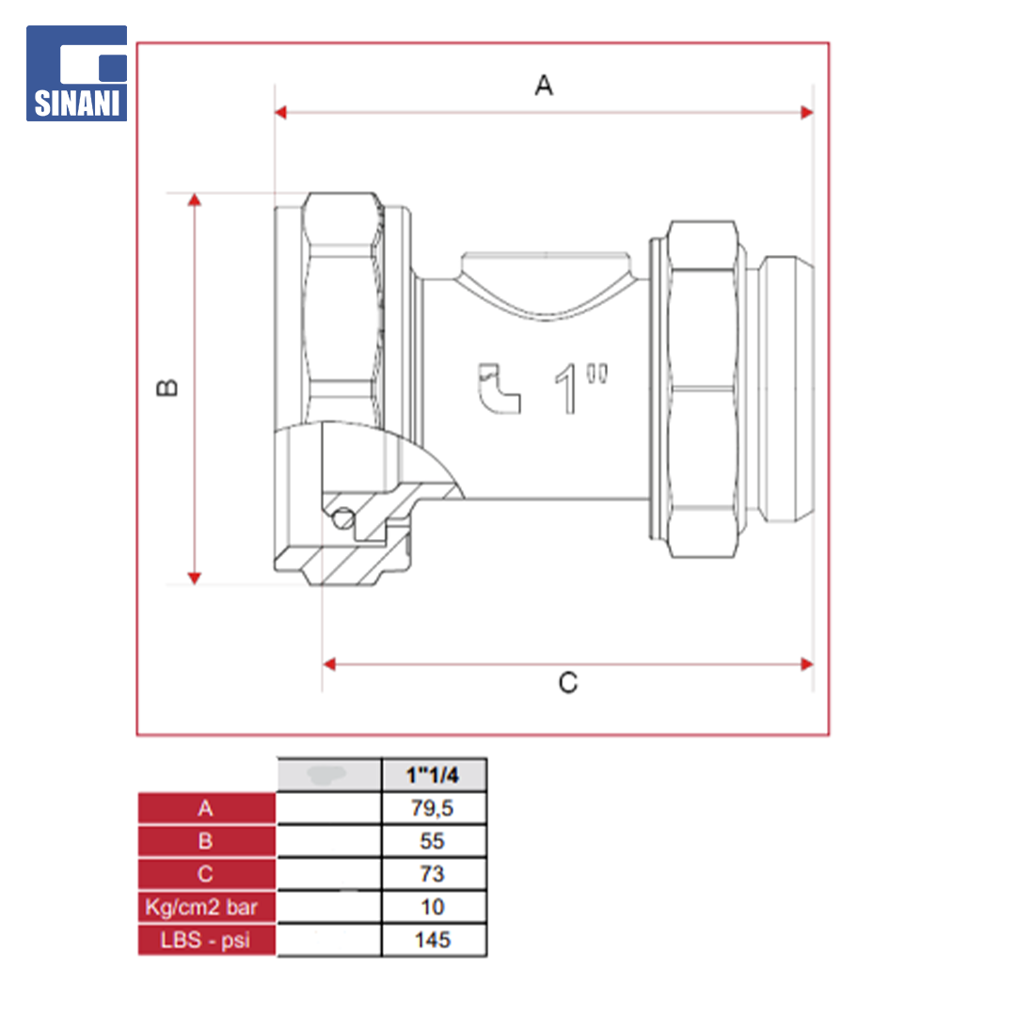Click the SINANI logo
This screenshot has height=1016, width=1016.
pyautogui.click(x=76, y=73)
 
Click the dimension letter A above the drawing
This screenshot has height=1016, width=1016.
pyautogui.click(x=544, y=85)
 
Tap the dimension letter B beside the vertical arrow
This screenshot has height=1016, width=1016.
pyautogui.click(x=167, y=388)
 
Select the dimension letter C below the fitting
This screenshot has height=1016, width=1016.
pyautogui.click(x=567, y=683)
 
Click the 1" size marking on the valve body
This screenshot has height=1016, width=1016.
pyautogui.click(x=580, y=388)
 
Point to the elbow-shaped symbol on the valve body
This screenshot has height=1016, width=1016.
pyautogui.click(x=499, y=388)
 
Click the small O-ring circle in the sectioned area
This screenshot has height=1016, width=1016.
pyautogui.click(x=343, y=518)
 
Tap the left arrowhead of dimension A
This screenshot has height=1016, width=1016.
pyautogui.click(x=280, y=113)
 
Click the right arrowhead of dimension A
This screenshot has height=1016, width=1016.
pyautogui.click(x=807, y=113)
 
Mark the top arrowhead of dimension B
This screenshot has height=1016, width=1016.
pyautogui.click(x=195, y=199)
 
